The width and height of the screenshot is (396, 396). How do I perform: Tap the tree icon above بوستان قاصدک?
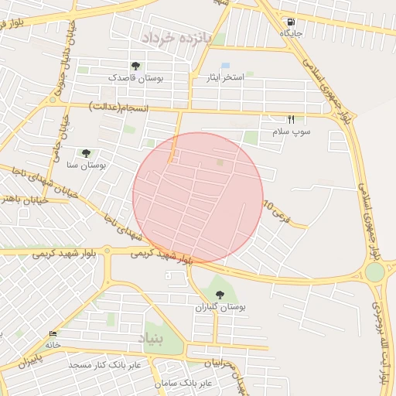click(136, 67)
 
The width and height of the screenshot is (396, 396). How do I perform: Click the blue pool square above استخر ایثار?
click(225, 65)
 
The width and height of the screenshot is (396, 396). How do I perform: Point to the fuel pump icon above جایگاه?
click(291, 22)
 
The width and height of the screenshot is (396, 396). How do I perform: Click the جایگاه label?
click(291, 33)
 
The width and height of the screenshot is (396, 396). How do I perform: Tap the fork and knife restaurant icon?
click(292, 119)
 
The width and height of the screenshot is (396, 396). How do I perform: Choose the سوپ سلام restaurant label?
click(291, 131)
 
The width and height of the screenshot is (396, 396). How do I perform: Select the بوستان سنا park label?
click(87, 165)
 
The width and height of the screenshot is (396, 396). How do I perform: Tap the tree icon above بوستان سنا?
click(86, 153)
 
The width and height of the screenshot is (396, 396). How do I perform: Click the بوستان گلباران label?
click(220, 307)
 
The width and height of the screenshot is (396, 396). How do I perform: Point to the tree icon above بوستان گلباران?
click(220, 295)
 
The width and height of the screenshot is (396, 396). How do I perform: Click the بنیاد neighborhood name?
click(152, 339)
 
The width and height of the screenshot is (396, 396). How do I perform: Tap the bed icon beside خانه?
click(53, 334)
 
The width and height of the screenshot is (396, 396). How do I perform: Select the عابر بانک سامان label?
click(204, 383)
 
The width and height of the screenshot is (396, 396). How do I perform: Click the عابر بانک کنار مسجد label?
click(103, 364)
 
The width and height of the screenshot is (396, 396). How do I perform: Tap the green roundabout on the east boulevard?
click(375, 272)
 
